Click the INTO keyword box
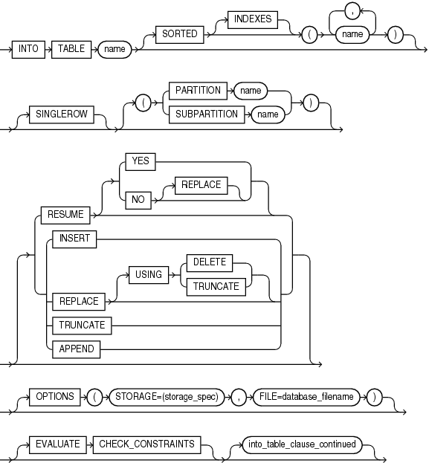30,51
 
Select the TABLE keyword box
71,51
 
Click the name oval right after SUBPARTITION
268,114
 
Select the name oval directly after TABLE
114,51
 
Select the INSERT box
74,239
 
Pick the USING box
149,274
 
